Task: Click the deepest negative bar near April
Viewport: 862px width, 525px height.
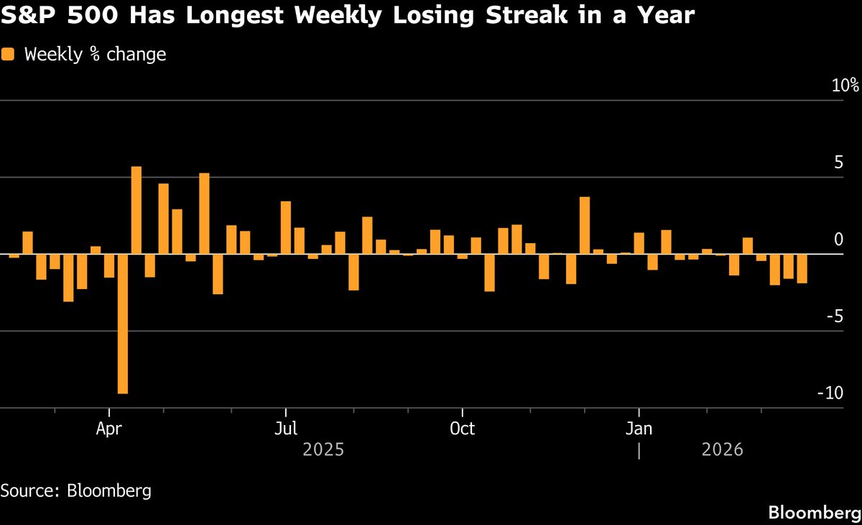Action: [123, 324]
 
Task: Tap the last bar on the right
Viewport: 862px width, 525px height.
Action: [802, 269]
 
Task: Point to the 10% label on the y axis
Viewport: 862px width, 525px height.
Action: [845, 86]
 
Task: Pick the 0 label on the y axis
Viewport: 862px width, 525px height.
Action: [838, 239]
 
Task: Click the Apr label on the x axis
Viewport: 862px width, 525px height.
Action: [109, 429]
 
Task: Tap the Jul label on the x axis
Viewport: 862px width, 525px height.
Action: [286, 429]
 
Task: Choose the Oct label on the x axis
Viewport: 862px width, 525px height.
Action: [462, 429]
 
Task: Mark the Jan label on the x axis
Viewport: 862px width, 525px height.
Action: [639, 429]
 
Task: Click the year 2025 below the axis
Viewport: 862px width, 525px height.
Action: [323, 451]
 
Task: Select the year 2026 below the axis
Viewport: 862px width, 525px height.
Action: [721, 451]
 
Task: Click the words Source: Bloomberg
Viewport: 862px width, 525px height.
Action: [75, 491]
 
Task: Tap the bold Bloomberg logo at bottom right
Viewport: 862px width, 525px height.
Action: [814, 513]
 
